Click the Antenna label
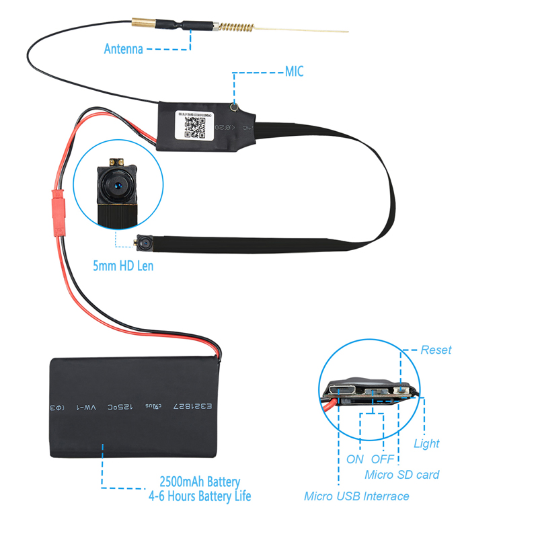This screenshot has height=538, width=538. [x=123, y=49]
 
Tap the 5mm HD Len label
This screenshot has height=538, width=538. [x=123, y=266]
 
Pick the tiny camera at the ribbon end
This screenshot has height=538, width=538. [x=145, y=240]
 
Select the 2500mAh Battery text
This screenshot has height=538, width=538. [x=200, y=482]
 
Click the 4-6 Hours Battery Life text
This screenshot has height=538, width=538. [x=200, y=496]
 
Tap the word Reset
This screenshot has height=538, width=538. [x=436, y=350]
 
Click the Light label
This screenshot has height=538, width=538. [x=426, y=443]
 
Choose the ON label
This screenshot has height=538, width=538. [x=355, y=459]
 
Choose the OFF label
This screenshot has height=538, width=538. [x=382, y=459]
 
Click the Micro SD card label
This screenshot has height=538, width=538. [x=401, y=475]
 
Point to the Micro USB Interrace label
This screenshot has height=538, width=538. [x=356, y=496]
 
